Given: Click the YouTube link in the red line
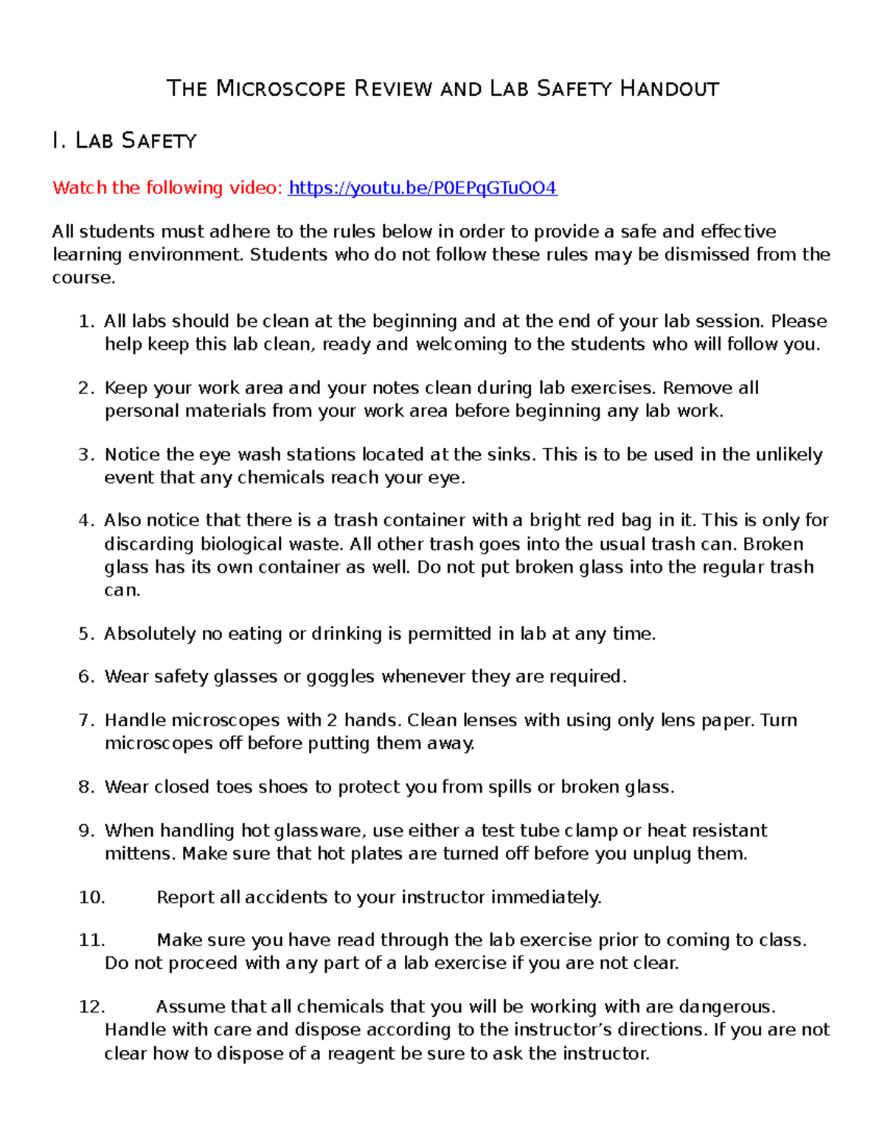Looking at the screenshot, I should tap(423, 188).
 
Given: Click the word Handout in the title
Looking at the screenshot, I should tap(669, 89).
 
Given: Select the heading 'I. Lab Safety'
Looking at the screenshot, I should tap(124, 140).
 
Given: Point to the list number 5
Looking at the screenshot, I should tap(86, 634).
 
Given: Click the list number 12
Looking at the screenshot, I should tap(91, 1007).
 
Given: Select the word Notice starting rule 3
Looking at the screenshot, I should tap(133, 455).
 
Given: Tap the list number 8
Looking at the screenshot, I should tap(86, 787).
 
